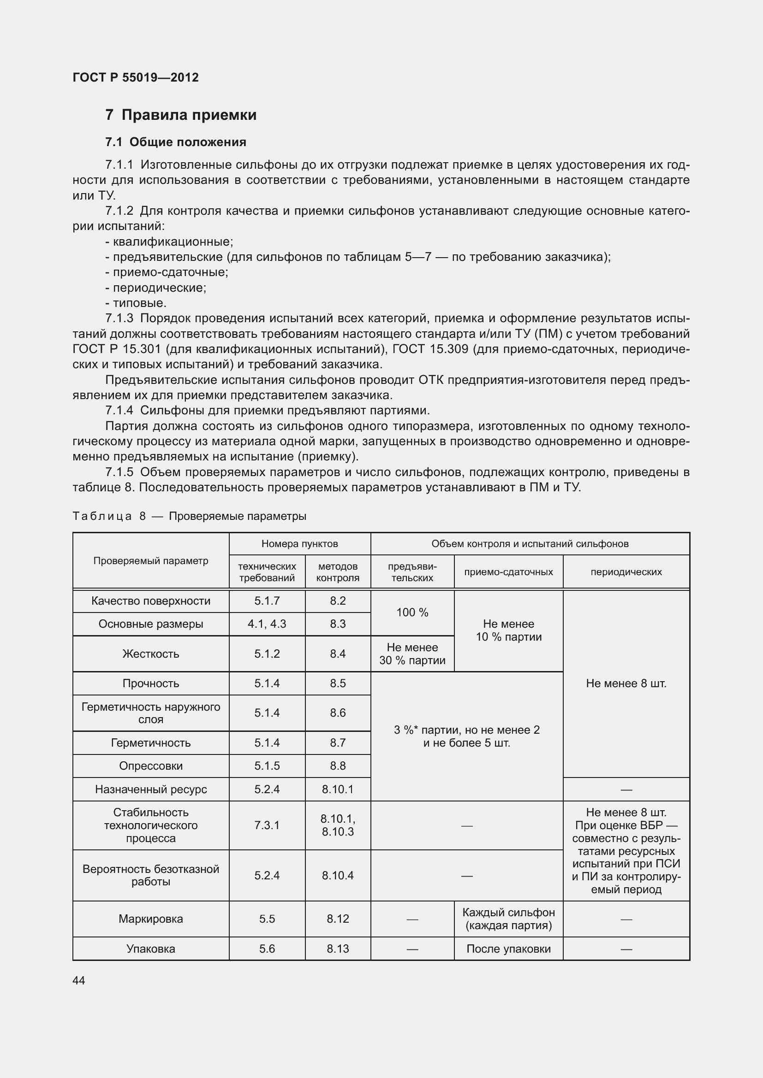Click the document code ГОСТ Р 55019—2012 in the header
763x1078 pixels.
click(x=136, y=77)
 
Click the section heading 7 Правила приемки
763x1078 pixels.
click(x=181, y=115)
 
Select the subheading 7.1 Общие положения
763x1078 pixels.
click(x=176, y=142)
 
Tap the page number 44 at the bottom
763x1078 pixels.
click(x=79, y=980)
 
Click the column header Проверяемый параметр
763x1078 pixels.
click(x=150, y=560)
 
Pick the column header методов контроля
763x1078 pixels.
click(x=337, y=572)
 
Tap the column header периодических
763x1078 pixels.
click(x=626, y=572)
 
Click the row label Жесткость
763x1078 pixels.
click(x=150, y=654)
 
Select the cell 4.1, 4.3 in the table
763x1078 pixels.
click(x=267, y=624)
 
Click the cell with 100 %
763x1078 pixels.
click(x=412, y=612)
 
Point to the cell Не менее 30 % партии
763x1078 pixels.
click(x=412, y=654)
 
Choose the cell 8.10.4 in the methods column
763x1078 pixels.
click(x=337, y=875)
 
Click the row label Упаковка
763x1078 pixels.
click(x=150, y=948)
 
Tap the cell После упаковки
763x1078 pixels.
click(x=508, y=948)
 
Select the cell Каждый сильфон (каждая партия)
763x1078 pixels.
click(x=508, y=919)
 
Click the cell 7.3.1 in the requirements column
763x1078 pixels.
click(x=267, y=825)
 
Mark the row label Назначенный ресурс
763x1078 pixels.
click(x=150, y=789)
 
